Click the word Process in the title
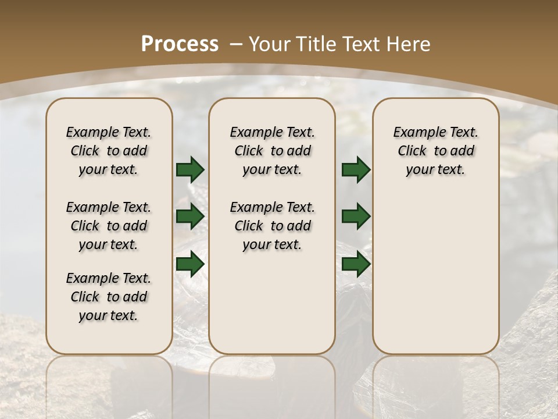pyautogui.click(x=180, y=44)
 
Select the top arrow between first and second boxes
pyautogui.click(x=190, y=169)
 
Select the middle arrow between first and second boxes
pyautogui.click(x=190, y=216)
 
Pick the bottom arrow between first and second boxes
pyautogui.click(x=190, y=264)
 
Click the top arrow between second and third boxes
pyautogui.click(x=356, y=169)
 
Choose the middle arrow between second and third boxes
pyautogui.click(x=356, y=216)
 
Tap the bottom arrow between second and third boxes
pyautogui.click(x=356, y=264)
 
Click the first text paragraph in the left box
pyautogui.click(x=109, y=151)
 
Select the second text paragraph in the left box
pyautogui.click(x=109, y=226)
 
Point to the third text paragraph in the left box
pyautogui.click(x=109, y=297)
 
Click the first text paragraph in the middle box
pyautogui.click(x=272, y=151)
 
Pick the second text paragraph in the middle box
pyautogui.click(x=272, y=226)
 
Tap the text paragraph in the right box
pyautogui.click(x=435, y=151)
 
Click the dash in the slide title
pyautogui.click(x=236, y=44)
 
